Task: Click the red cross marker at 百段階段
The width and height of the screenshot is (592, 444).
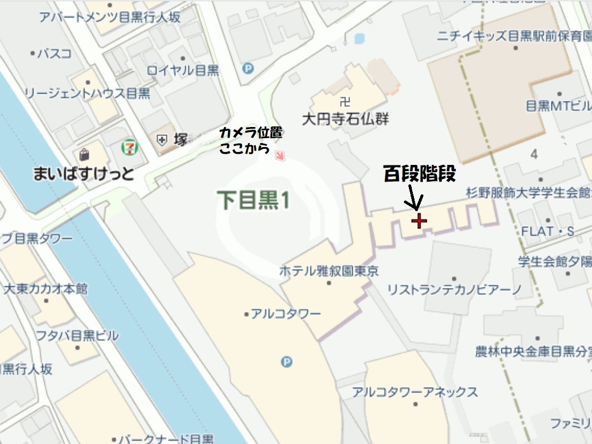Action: point(418,221)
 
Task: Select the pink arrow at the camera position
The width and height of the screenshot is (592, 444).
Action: point(281,156)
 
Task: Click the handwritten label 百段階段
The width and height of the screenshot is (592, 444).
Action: point(420,174)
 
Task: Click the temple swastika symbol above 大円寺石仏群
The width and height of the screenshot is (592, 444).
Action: point(344,102)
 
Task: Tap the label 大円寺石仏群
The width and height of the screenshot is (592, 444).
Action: point(344,119)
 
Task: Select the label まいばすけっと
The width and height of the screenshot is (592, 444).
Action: point(83,174)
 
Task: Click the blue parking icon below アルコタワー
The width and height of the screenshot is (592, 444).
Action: point(287,362)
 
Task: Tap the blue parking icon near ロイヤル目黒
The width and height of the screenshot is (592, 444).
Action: point(248,69)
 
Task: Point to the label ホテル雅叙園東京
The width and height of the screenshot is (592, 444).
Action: point(329,271)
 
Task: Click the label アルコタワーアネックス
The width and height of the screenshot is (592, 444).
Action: point(415,392)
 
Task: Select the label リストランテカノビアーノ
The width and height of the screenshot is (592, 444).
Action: point(454,289)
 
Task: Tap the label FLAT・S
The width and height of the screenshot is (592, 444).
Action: point(547,231)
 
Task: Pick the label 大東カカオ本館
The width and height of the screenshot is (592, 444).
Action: point(46,289)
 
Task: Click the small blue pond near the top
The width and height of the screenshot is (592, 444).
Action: point(359,38)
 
